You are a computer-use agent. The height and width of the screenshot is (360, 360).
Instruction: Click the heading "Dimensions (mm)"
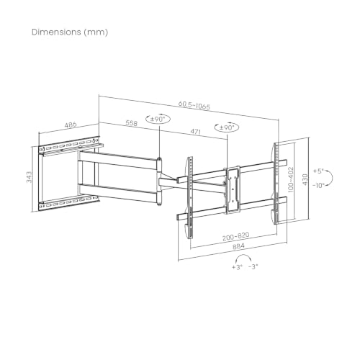pyautogui.click(x=70, y=32)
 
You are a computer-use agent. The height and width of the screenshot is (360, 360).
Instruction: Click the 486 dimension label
pyautogui.click(x=71, y=125)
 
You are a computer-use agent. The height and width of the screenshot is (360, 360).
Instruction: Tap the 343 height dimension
pyautogui.click(x=29, y=177)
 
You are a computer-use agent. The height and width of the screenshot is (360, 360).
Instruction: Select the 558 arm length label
pyautogui.click(x=132, y=123)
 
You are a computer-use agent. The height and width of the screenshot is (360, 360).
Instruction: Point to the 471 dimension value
pyautogui.click(x=196, y=131)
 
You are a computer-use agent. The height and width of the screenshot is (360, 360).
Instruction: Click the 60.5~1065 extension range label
pyautogui.click(x=194, y=105)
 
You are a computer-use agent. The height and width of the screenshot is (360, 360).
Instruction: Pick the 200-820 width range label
pyautogui.click(x=236, y=236)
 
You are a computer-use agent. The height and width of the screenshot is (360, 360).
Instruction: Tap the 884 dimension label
pyautogui.click(x=238, y=246)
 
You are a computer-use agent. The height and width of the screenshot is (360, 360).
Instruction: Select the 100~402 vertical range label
pyautogui.click(x=291, y=179)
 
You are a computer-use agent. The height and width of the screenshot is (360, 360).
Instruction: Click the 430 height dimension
pyautogui.click(x=305, y=179)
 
